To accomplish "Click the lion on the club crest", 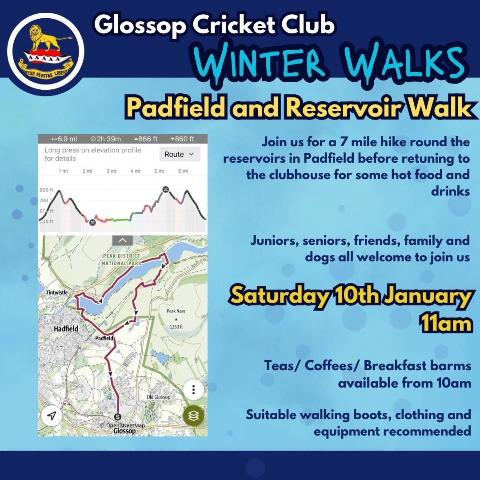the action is coord(46,38).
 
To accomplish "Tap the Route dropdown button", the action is coord(180,154).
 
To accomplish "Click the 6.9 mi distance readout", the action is coord(64,139).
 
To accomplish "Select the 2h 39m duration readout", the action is coord(106,139).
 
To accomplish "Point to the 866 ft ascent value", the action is coord(146,139).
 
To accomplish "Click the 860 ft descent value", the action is coord(182,139).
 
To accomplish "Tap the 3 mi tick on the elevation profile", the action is coord(111,171).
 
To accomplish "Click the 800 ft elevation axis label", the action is coord(47,190).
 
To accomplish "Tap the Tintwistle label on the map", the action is coord(56,292).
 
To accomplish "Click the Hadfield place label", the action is coord(66,329).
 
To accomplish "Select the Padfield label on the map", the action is coord(104,338).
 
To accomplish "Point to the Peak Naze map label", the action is coord(176,311).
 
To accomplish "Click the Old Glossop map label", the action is coord(158,397).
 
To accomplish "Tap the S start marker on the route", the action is coord(117,416).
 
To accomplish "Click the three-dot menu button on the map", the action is coord(193,390).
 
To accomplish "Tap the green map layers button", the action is coord(193,416).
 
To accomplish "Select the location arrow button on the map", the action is coord(52,416).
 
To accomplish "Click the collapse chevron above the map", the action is coord(123,240).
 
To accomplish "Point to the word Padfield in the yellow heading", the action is coord(176,108).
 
